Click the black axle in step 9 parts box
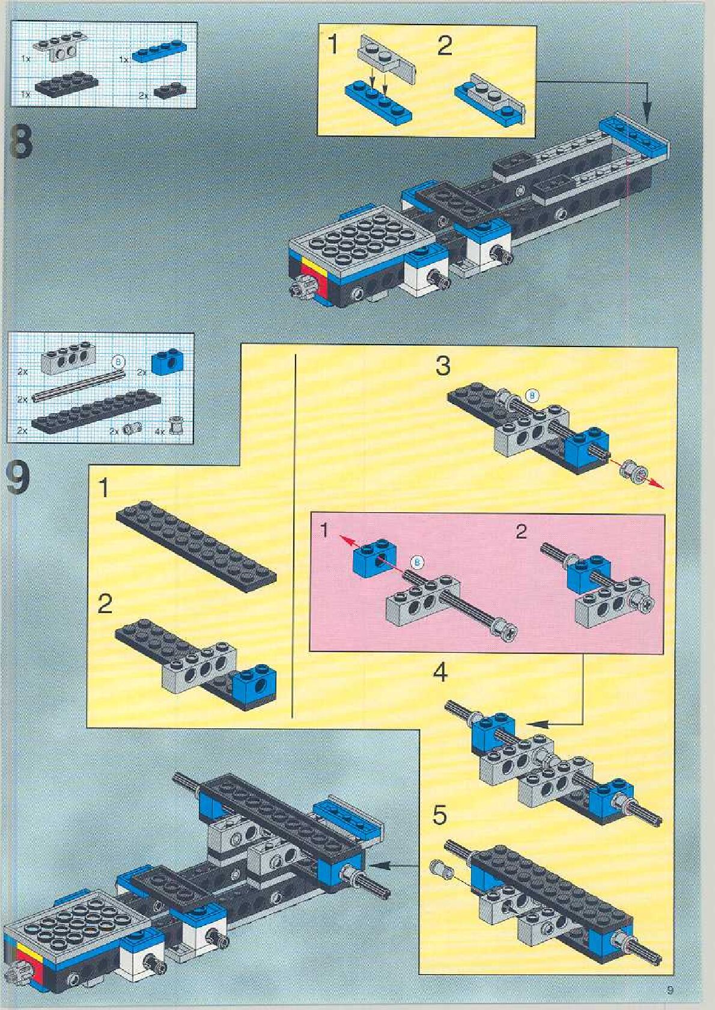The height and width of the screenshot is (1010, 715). pyautogui.click(x=78, y=384)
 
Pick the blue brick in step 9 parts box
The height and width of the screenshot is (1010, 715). pyautogui.click(x=168, y=361)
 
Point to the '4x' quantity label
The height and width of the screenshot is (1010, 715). pyautogui.click(x=159, y=431)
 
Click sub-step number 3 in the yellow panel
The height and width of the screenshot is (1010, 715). pyautogui.click(x=443, y=366)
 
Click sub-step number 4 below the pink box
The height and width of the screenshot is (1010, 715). pyautogui.click(x=440, y=673)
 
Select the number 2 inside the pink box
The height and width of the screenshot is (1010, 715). pyautogui.click(x=521, y=531)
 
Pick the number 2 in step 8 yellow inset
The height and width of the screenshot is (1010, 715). pyautogui.click(x=445, y=47)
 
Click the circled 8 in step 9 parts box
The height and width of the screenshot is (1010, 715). pyautogui.click(x=118, y=362)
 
